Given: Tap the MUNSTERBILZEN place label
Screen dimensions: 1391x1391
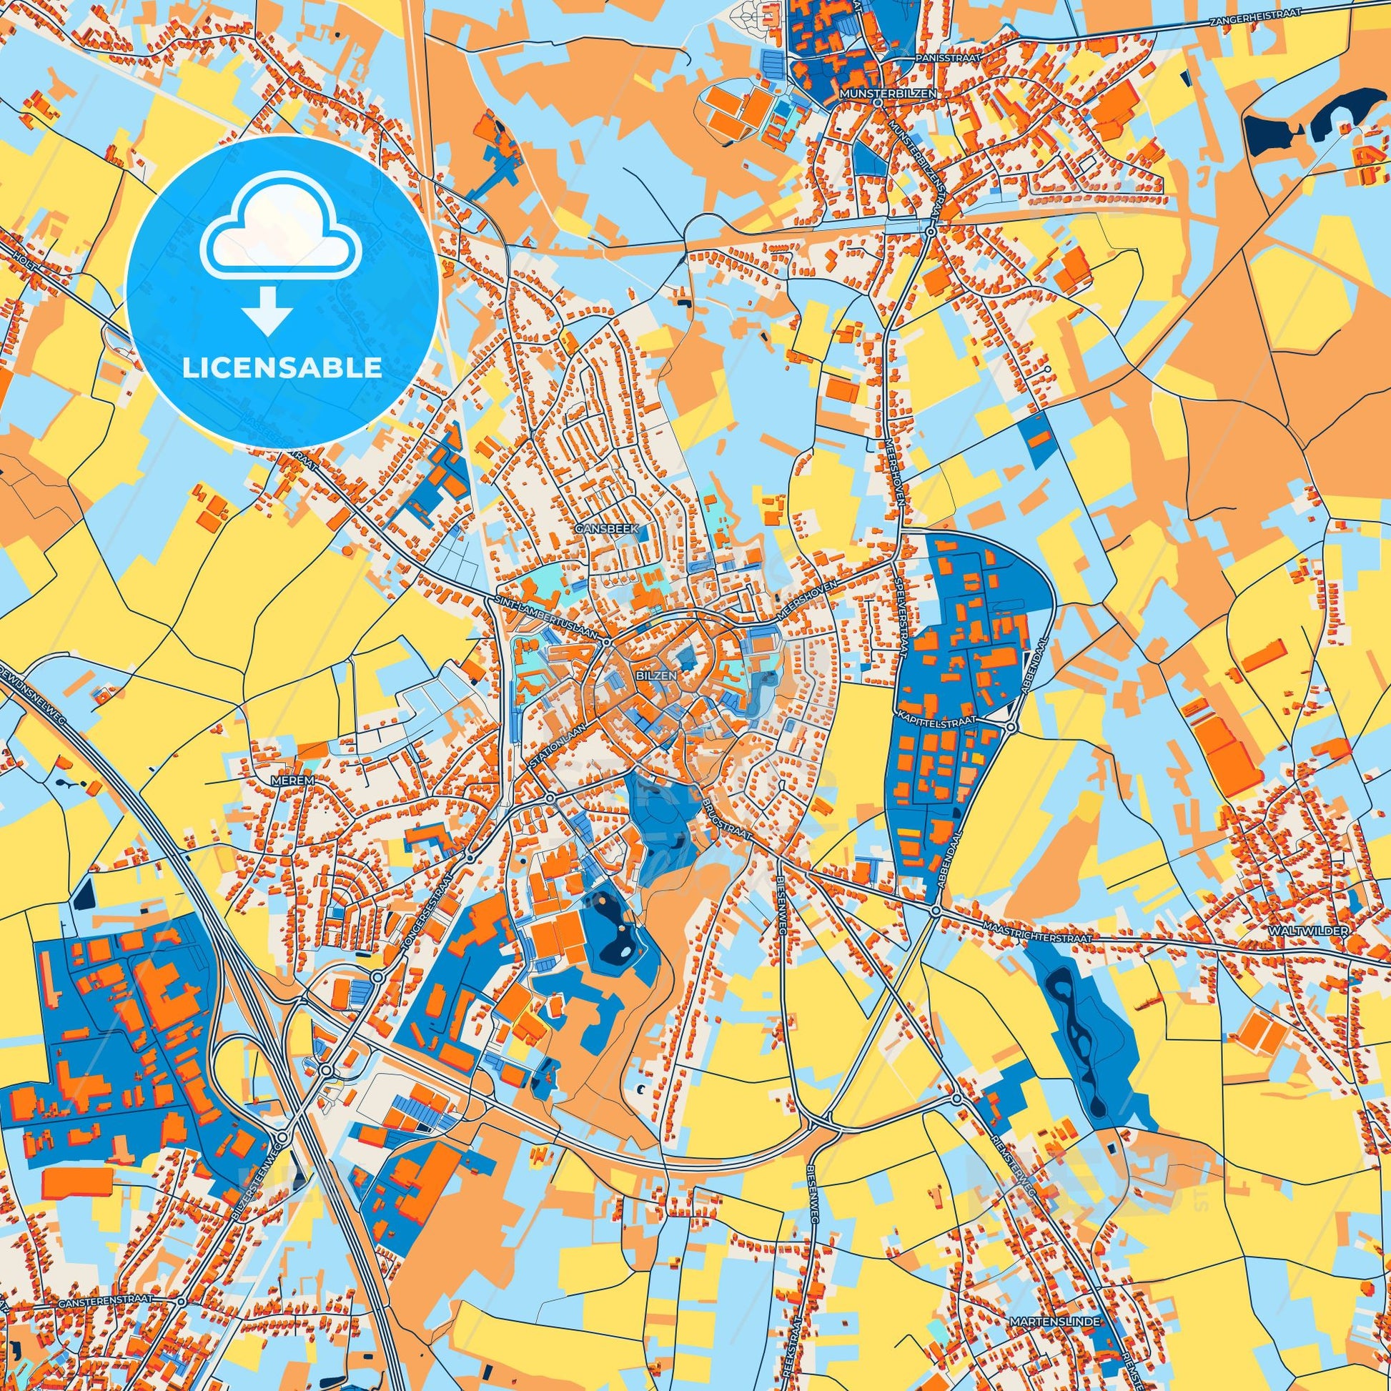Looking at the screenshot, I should (877, 94).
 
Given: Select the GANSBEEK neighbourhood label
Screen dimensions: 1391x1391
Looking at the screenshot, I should (598, 528).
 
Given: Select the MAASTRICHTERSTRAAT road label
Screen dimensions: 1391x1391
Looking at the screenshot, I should (1037, 926).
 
